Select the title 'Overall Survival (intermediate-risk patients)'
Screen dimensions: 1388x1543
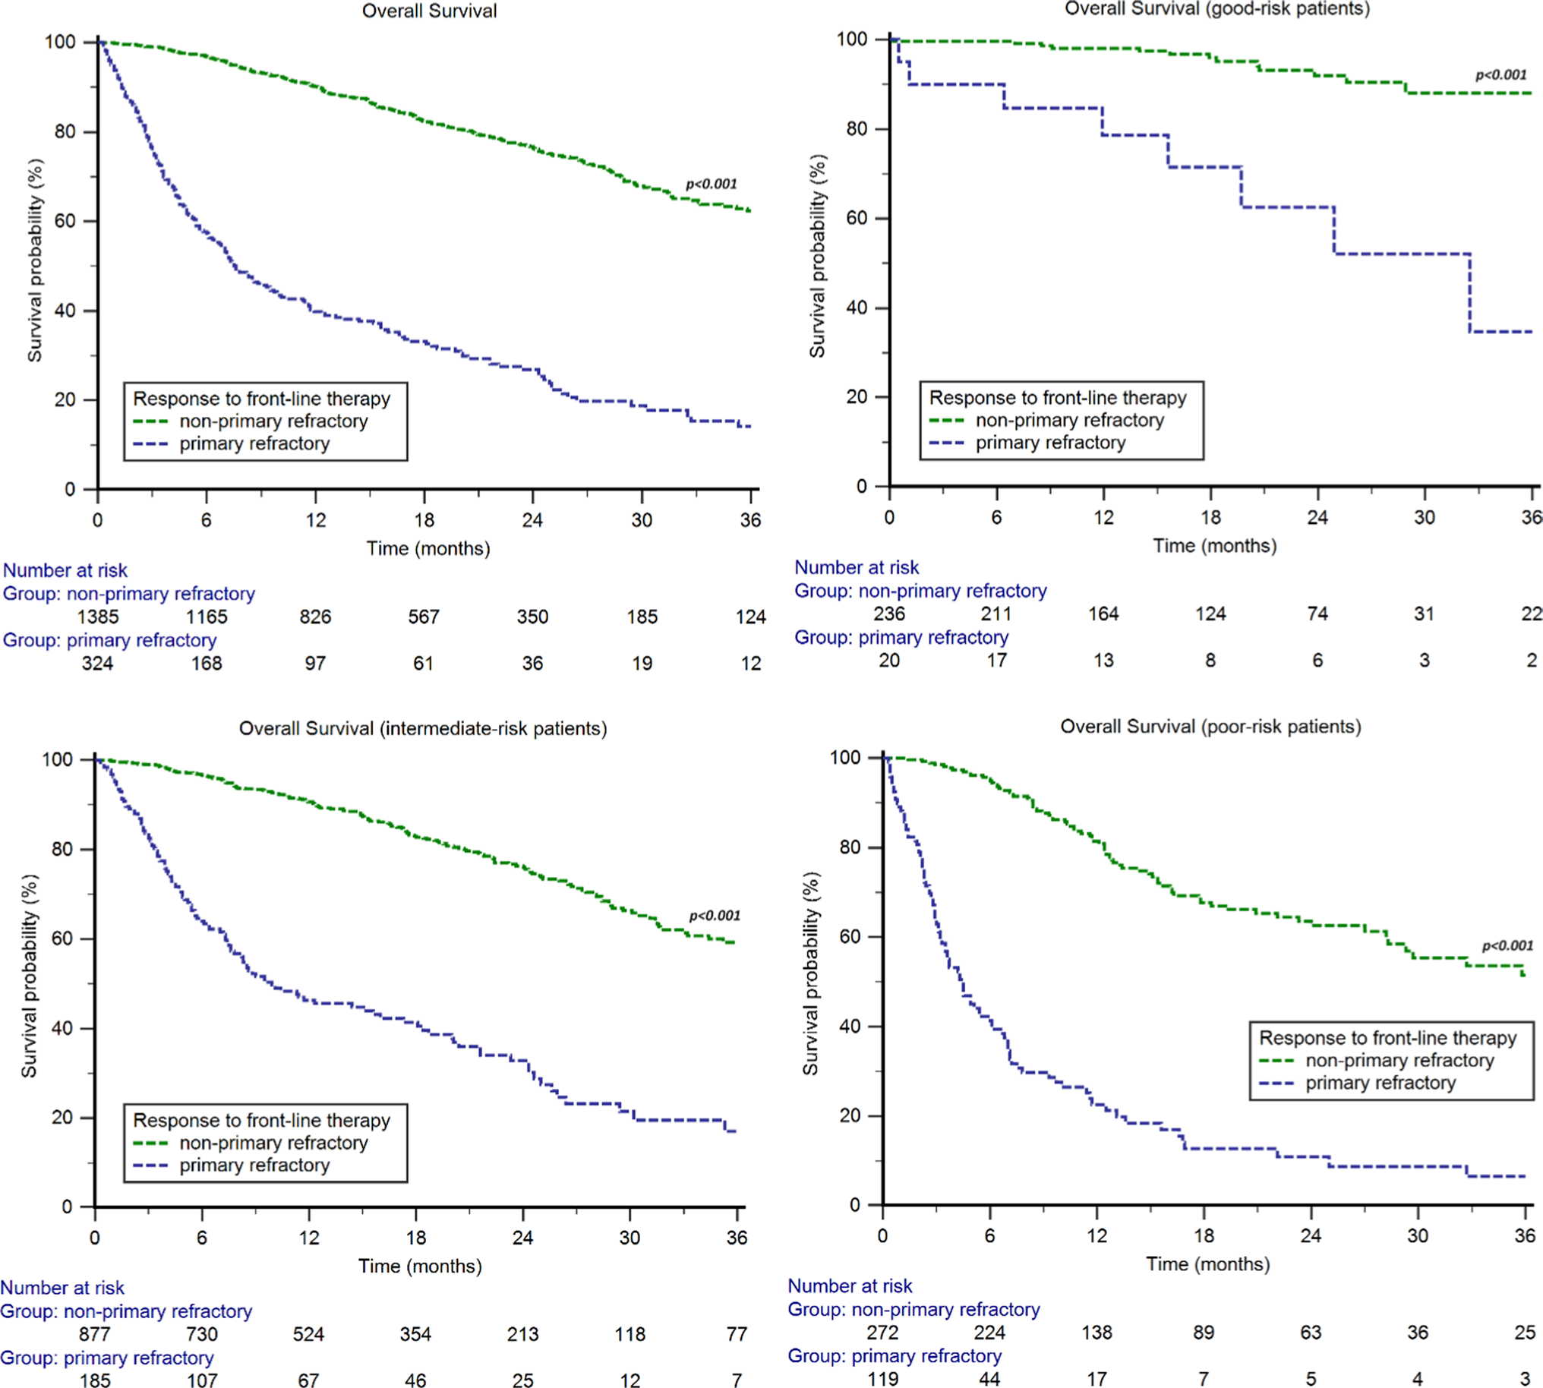pyautogui.click(x=422, y=728)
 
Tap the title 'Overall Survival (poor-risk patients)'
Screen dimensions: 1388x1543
pyautogui.click(x=1210, y=726)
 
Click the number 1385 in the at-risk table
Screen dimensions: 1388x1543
pyautogui.click(x=98, y=617)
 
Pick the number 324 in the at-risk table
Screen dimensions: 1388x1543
pyautogui.click(x=98, y=663)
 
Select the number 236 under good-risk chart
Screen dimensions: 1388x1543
pyautogui.click(x=889, y=614)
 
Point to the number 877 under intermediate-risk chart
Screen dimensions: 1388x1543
pyautogui.click(x=95, y=1334)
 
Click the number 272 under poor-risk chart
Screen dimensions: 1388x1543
pyautogui.click(x=882, y=1333)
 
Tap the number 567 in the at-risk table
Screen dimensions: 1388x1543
pyautogui.click(x=423, y=617)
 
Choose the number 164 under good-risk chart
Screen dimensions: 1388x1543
pyautogui.click(x=1103, y=614)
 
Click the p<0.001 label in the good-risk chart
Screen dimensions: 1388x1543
pyautogui.click(x=1500, y=74)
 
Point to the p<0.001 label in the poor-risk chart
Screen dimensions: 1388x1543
pyautogui.click(x=1507, y=945)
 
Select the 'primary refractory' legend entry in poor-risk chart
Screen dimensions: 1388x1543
pyautogui.click(x=1380, y=1083)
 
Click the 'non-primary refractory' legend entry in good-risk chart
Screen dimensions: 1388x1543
pyautogui.click(x=1069, y=420)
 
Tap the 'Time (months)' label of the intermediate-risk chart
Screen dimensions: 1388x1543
pyautogui.click(x=419, y=1266)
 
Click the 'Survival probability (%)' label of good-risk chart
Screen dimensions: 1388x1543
pyautogui.click(x=817, y=255)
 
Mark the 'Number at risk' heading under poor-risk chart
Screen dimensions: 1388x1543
pyautogui.click(x=850, y=1285)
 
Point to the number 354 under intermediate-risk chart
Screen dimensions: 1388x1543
pyautogui.click(x=415, y=1334)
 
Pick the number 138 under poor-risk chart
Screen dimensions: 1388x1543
pyautogui.click(x=1097, y=1333)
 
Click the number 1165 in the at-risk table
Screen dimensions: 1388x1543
pyautogui.click(x=207, y=617)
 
